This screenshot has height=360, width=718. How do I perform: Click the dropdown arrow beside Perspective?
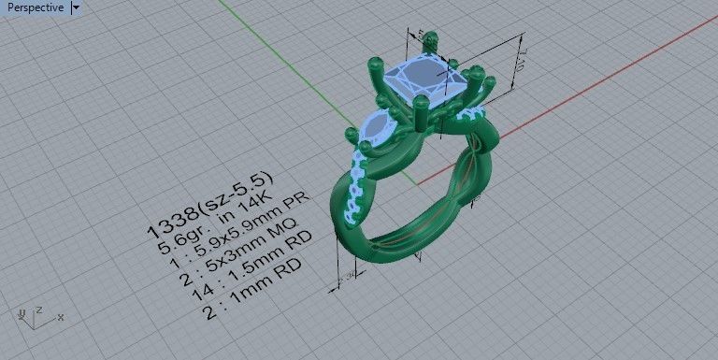point(76,7)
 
